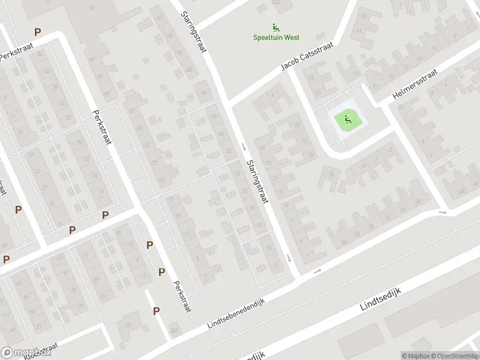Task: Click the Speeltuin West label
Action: pos(275,37)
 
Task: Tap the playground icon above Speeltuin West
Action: pos(275,27)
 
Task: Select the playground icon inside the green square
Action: pos(346,120)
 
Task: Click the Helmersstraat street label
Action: pos(415,84)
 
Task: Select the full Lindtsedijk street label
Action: pos(380,298)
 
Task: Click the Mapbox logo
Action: pos(26,353)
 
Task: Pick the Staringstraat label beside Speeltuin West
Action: pos(194,27)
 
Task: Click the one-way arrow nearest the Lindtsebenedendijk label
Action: pos(318,271)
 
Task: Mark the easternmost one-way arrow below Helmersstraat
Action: pos(443,212)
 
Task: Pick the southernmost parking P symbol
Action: pos(156,311)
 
